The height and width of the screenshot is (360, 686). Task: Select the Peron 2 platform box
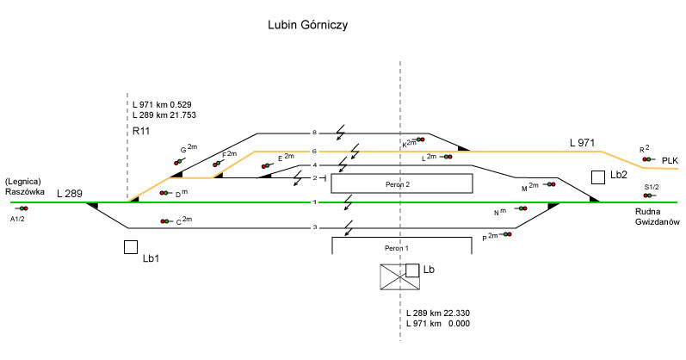click(x=402, y=183)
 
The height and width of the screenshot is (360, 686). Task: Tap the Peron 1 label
click(x=401, y=247)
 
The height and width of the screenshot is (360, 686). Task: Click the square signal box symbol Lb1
click(x=131, y=247)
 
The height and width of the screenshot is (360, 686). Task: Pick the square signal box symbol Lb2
click(x=598, y=177)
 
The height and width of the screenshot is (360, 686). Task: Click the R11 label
click(x=142, y=131)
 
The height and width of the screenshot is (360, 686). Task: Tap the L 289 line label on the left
click(x=70, y=194)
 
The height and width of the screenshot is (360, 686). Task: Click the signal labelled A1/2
click(x=22, y=208)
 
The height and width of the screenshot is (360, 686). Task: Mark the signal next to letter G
click(x=178, y=160)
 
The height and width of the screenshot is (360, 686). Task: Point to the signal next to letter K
click(x=419, y=140)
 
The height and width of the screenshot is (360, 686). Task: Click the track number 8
click(x=315, y=133)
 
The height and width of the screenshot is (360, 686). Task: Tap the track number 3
click(x=315, y=228)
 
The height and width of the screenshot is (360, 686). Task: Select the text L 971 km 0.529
click(x=168, y=104)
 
